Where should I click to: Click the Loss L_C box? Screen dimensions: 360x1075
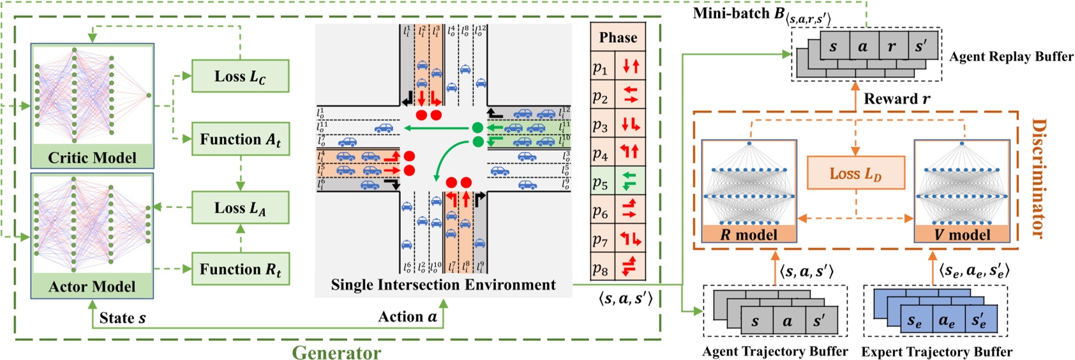click(x=240, y=76)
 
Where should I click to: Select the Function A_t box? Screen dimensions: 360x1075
click(x=240, y=139)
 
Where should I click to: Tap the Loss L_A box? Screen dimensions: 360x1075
click(x=240, y=207)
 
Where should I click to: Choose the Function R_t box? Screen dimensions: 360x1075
click(x=240, y=269)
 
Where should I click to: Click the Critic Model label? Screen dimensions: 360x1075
click(x=92, y=158)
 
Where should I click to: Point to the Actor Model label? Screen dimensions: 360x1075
click(x=92, y=287)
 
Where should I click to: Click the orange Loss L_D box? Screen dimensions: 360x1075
click(x=855, y=173)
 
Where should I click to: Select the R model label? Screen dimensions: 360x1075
click(x=749, y=234)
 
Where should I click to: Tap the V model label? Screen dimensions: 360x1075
click(x=962, y=234)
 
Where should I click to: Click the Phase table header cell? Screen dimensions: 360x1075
click(x=618, y=38)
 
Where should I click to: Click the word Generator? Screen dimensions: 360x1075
click(x=336, y=352)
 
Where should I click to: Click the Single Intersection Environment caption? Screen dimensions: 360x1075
click(x=443, y=285)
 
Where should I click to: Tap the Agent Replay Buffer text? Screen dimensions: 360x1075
click(x=1011, y=56)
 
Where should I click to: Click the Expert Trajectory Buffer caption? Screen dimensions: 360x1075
click(x=936, y=351)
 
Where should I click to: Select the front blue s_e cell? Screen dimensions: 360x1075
click(x=915, y=321)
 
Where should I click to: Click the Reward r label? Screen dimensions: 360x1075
click(x=896, y=99)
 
